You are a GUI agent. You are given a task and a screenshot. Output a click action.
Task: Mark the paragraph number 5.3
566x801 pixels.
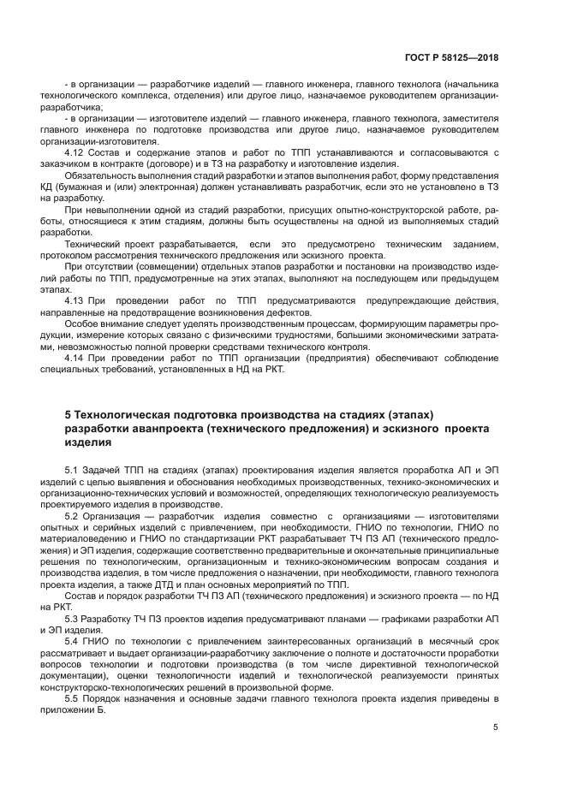(73, 618)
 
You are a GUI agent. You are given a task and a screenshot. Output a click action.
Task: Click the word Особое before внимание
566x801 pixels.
(81, 323)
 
